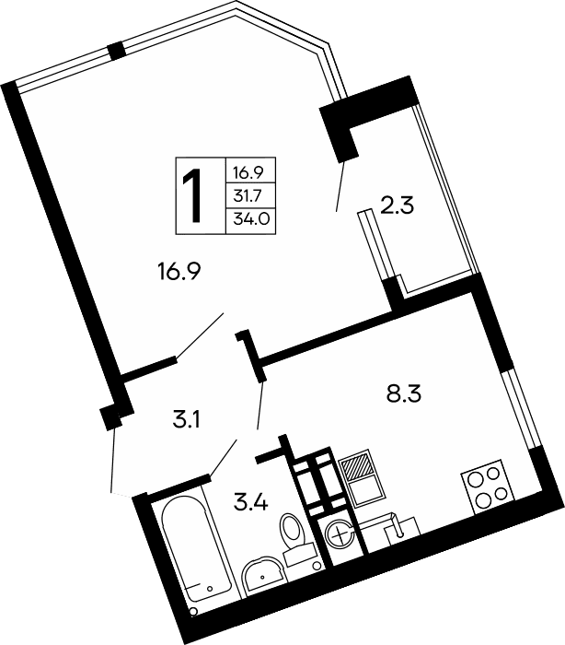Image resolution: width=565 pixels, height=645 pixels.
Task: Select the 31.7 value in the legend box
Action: click(x=248, y=195)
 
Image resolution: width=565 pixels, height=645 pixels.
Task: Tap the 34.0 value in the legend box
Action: click(x=248, y=220)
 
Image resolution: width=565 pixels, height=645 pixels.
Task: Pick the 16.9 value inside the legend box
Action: click(x=248, y=171)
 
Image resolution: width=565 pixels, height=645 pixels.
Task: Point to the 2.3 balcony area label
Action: click(x=398, y=205)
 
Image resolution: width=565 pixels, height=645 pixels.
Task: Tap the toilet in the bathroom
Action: click(x=294, y=539)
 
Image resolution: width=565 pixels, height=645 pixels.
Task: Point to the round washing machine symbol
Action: click(x=340, y=534)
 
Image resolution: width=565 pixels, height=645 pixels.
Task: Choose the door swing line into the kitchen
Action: click(x=260, y=405)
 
